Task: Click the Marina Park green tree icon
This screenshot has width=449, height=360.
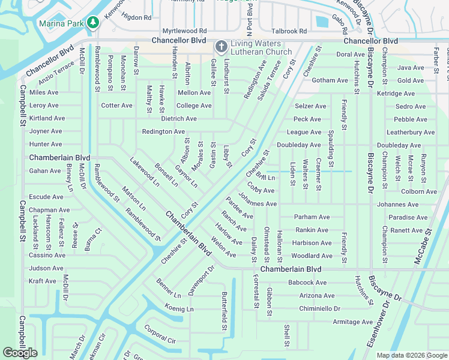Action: click(92, 23)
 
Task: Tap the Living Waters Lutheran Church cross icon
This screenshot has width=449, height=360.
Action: click(221, 46)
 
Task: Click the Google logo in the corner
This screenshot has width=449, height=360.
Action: click(20, 353)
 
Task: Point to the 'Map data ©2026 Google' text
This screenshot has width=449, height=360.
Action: click(411, 355)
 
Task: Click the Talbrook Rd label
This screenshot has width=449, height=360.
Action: click(289, 31)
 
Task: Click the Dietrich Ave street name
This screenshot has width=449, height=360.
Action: click(178, 119)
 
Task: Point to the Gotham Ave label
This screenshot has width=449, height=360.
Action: click(330, 80)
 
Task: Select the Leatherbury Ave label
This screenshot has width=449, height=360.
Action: click(411, 132)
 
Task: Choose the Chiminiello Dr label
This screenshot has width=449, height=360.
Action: click(319, 308)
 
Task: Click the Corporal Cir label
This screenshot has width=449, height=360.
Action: click(159, 334)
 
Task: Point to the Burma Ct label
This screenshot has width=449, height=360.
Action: click(93, 238)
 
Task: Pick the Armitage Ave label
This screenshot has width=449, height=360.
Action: click(353, 322)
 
